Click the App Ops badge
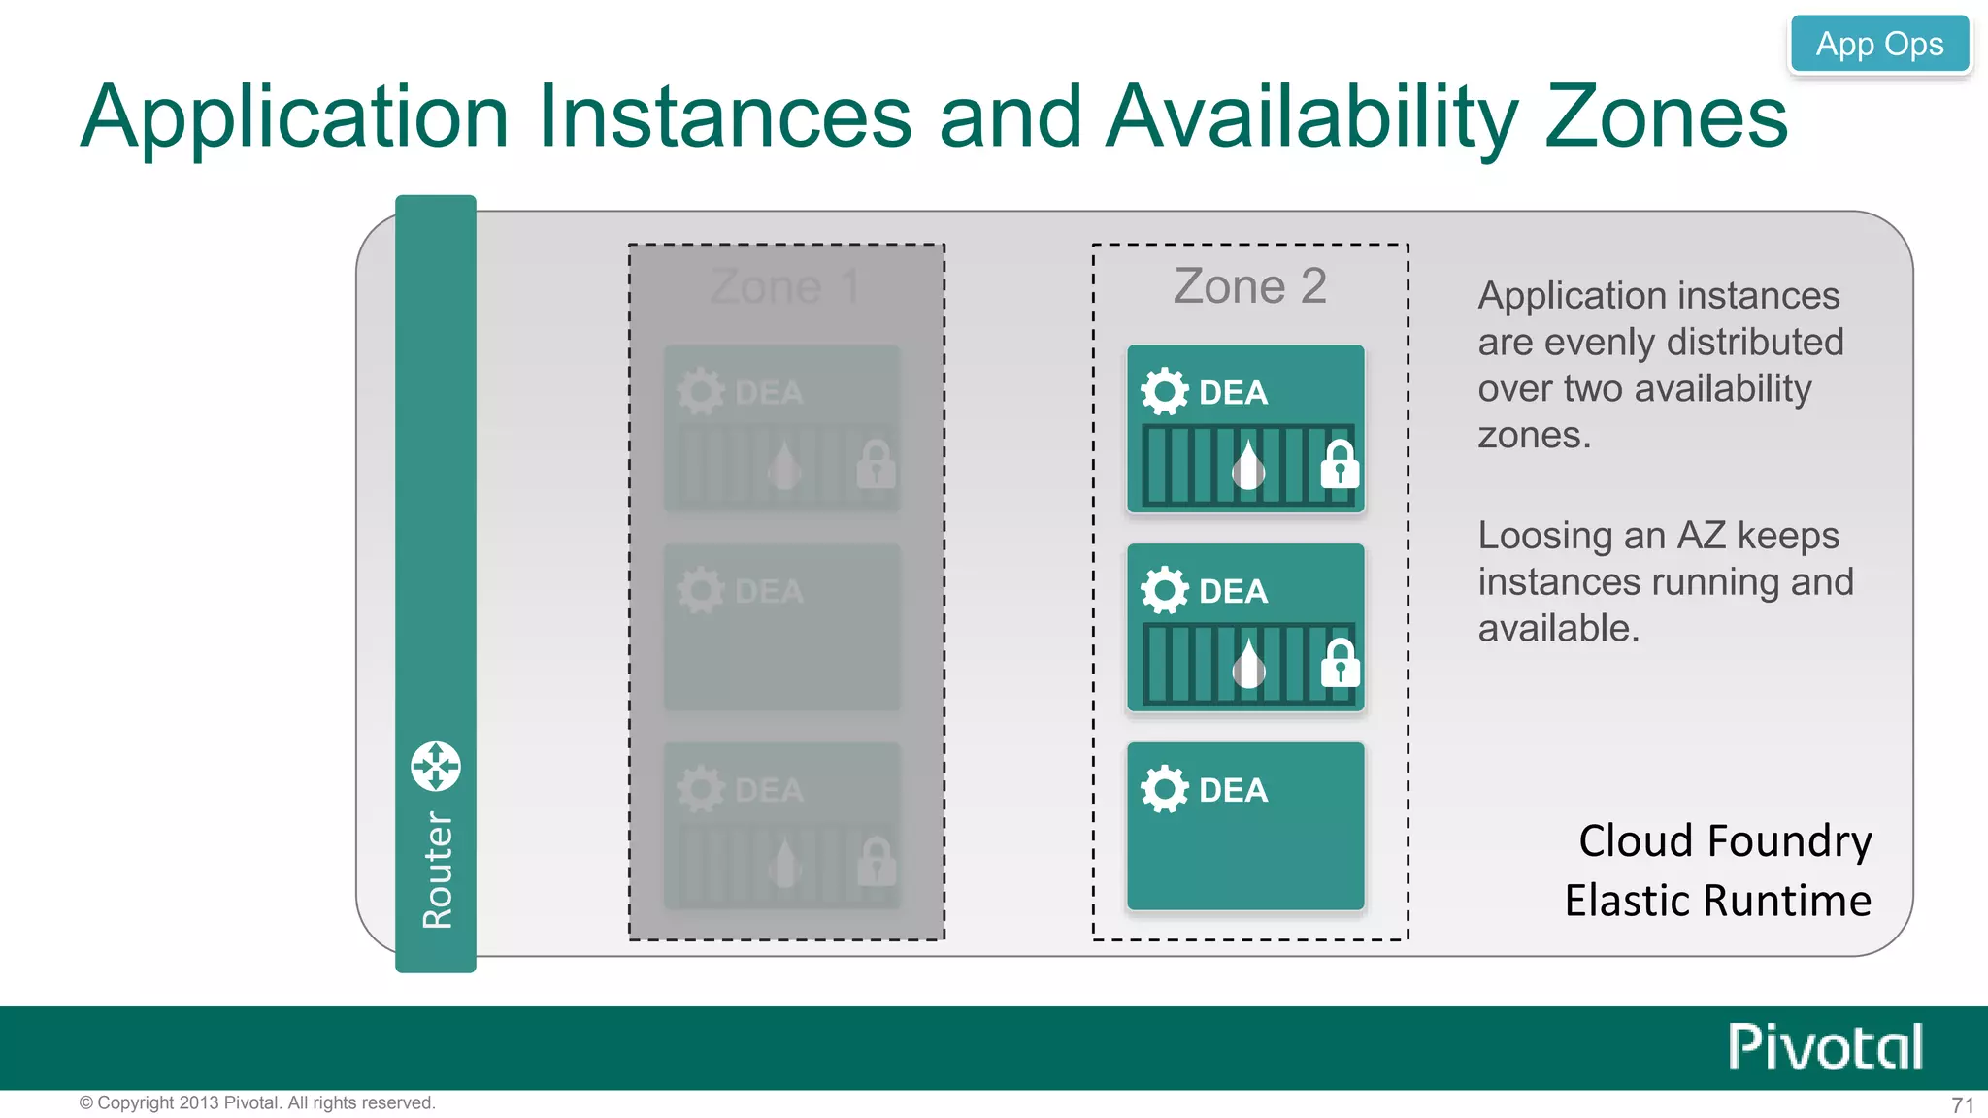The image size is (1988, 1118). coord(1879,44)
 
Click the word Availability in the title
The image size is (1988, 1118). coord(1311,118)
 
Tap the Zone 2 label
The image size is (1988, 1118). coord(1249,286)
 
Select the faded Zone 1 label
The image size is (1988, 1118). coord(784,286)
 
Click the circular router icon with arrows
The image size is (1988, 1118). coord(436,767)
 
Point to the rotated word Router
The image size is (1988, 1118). coord(438,871)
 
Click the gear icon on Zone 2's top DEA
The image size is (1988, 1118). coord(1164,392)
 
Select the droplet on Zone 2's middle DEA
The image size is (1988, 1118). coord(1249,664)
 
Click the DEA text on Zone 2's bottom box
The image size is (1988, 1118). coord(1233,790)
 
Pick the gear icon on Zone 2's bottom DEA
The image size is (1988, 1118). coord(1164,789)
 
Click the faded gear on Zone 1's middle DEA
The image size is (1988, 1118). coord(700,590)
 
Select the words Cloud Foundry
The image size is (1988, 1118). coord(1725,840)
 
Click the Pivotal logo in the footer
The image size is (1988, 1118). coord(1825,1047)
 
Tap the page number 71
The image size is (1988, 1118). coord(1962,1104)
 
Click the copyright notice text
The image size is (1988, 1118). coord(257,1102)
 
